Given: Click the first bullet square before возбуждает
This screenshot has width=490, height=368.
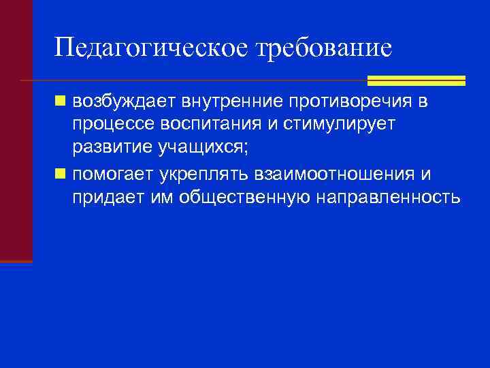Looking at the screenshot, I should [61, 102].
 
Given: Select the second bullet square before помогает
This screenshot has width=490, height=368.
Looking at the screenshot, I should [61, 174].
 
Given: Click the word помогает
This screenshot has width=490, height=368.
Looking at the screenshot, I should [114, 174].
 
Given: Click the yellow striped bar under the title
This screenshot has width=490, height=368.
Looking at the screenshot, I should [416, 80].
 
